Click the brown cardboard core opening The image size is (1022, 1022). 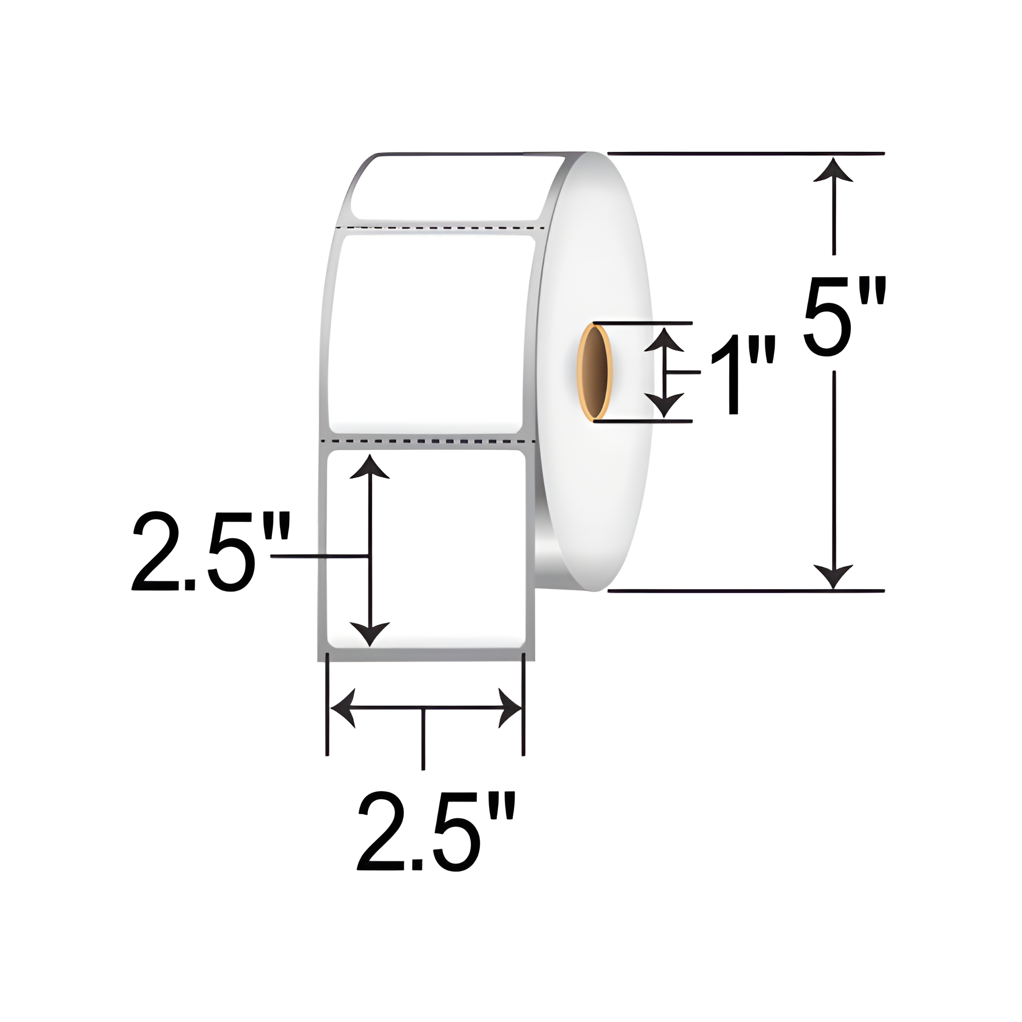click(x=596, y=372)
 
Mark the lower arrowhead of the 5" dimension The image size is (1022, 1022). click(x=833, y=574)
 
